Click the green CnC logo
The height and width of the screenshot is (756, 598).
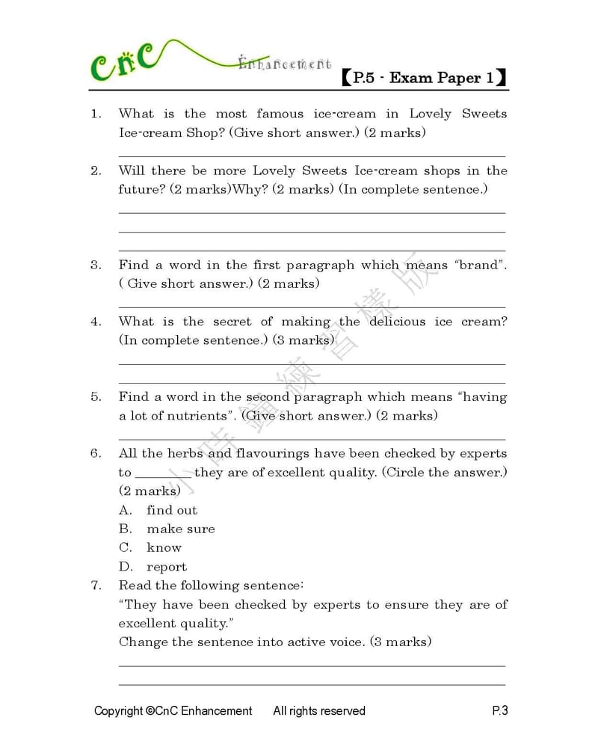click(123, 62)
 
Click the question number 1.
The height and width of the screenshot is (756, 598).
click(95, 114)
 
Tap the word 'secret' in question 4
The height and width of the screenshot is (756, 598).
click(232, 322)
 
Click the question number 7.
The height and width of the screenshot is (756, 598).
click(95, 586)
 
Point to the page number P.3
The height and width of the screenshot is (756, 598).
click(499, 711)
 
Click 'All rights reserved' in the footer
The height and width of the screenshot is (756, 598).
click(319, 711)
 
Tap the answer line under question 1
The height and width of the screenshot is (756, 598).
click(312, 155)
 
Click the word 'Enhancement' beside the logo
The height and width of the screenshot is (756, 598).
click(285, 64)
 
